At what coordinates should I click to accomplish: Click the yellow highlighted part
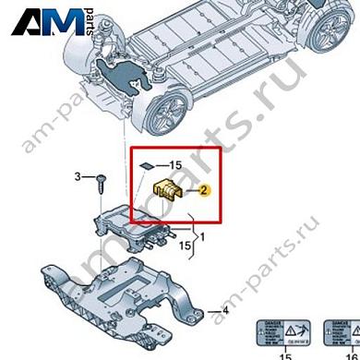click(x=169, y=189)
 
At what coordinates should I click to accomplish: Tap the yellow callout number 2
click(x=205, y=191)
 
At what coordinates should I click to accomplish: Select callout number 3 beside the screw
click(x=78, y=175)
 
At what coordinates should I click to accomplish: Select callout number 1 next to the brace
click(x=204, y=236)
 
